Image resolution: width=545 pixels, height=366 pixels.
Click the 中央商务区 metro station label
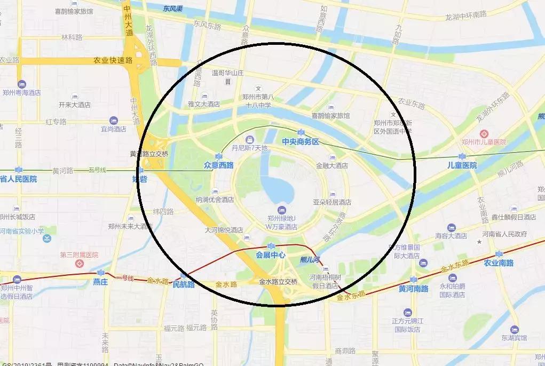click(x=300, y=142)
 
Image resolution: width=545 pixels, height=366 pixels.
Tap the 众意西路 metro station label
click(x=218, y=165)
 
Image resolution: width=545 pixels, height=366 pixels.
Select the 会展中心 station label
click(x=271, y=254)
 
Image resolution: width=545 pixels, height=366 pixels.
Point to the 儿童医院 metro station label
click(x=462, y=165)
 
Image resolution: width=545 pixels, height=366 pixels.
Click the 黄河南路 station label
click(x=413, y=289)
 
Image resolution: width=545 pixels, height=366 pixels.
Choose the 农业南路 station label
click(x=499, y=263)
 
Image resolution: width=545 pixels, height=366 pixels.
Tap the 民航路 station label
click(x=184, y=284)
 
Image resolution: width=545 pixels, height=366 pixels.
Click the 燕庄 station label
click(x=100, y=281)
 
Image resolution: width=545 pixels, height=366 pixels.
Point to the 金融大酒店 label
click(x=332, y=165)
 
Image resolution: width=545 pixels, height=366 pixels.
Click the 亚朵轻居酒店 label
click(x=331, y=202)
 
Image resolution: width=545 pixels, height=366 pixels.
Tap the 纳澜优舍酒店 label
click(x=215, y=200)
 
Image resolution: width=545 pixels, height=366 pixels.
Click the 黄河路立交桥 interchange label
click(x=149, y=154)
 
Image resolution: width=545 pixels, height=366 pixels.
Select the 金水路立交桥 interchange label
click(x=278, y=282)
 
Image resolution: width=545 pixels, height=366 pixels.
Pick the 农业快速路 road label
click(x=112, y=60)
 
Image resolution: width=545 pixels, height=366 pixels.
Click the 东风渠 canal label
click(x=173, y=8)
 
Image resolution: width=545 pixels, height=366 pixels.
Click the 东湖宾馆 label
click(x=514, y=338)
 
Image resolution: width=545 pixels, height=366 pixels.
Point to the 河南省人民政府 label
click(x=504, y=234)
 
